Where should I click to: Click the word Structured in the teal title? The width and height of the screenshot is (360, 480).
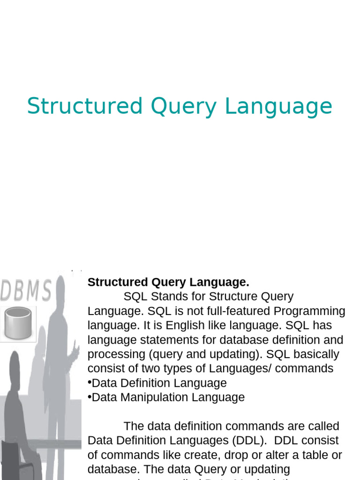(x=84, y=106)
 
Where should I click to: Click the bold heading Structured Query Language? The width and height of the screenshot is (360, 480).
(x=168, y=282)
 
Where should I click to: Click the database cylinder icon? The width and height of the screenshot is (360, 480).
(x=18, y=323)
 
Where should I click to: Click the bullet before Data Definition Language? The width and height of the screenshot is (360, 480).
(x=90, y=382)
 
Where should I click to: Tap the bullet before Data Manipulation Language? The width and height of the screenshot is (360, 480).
(x=90, y=397)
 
